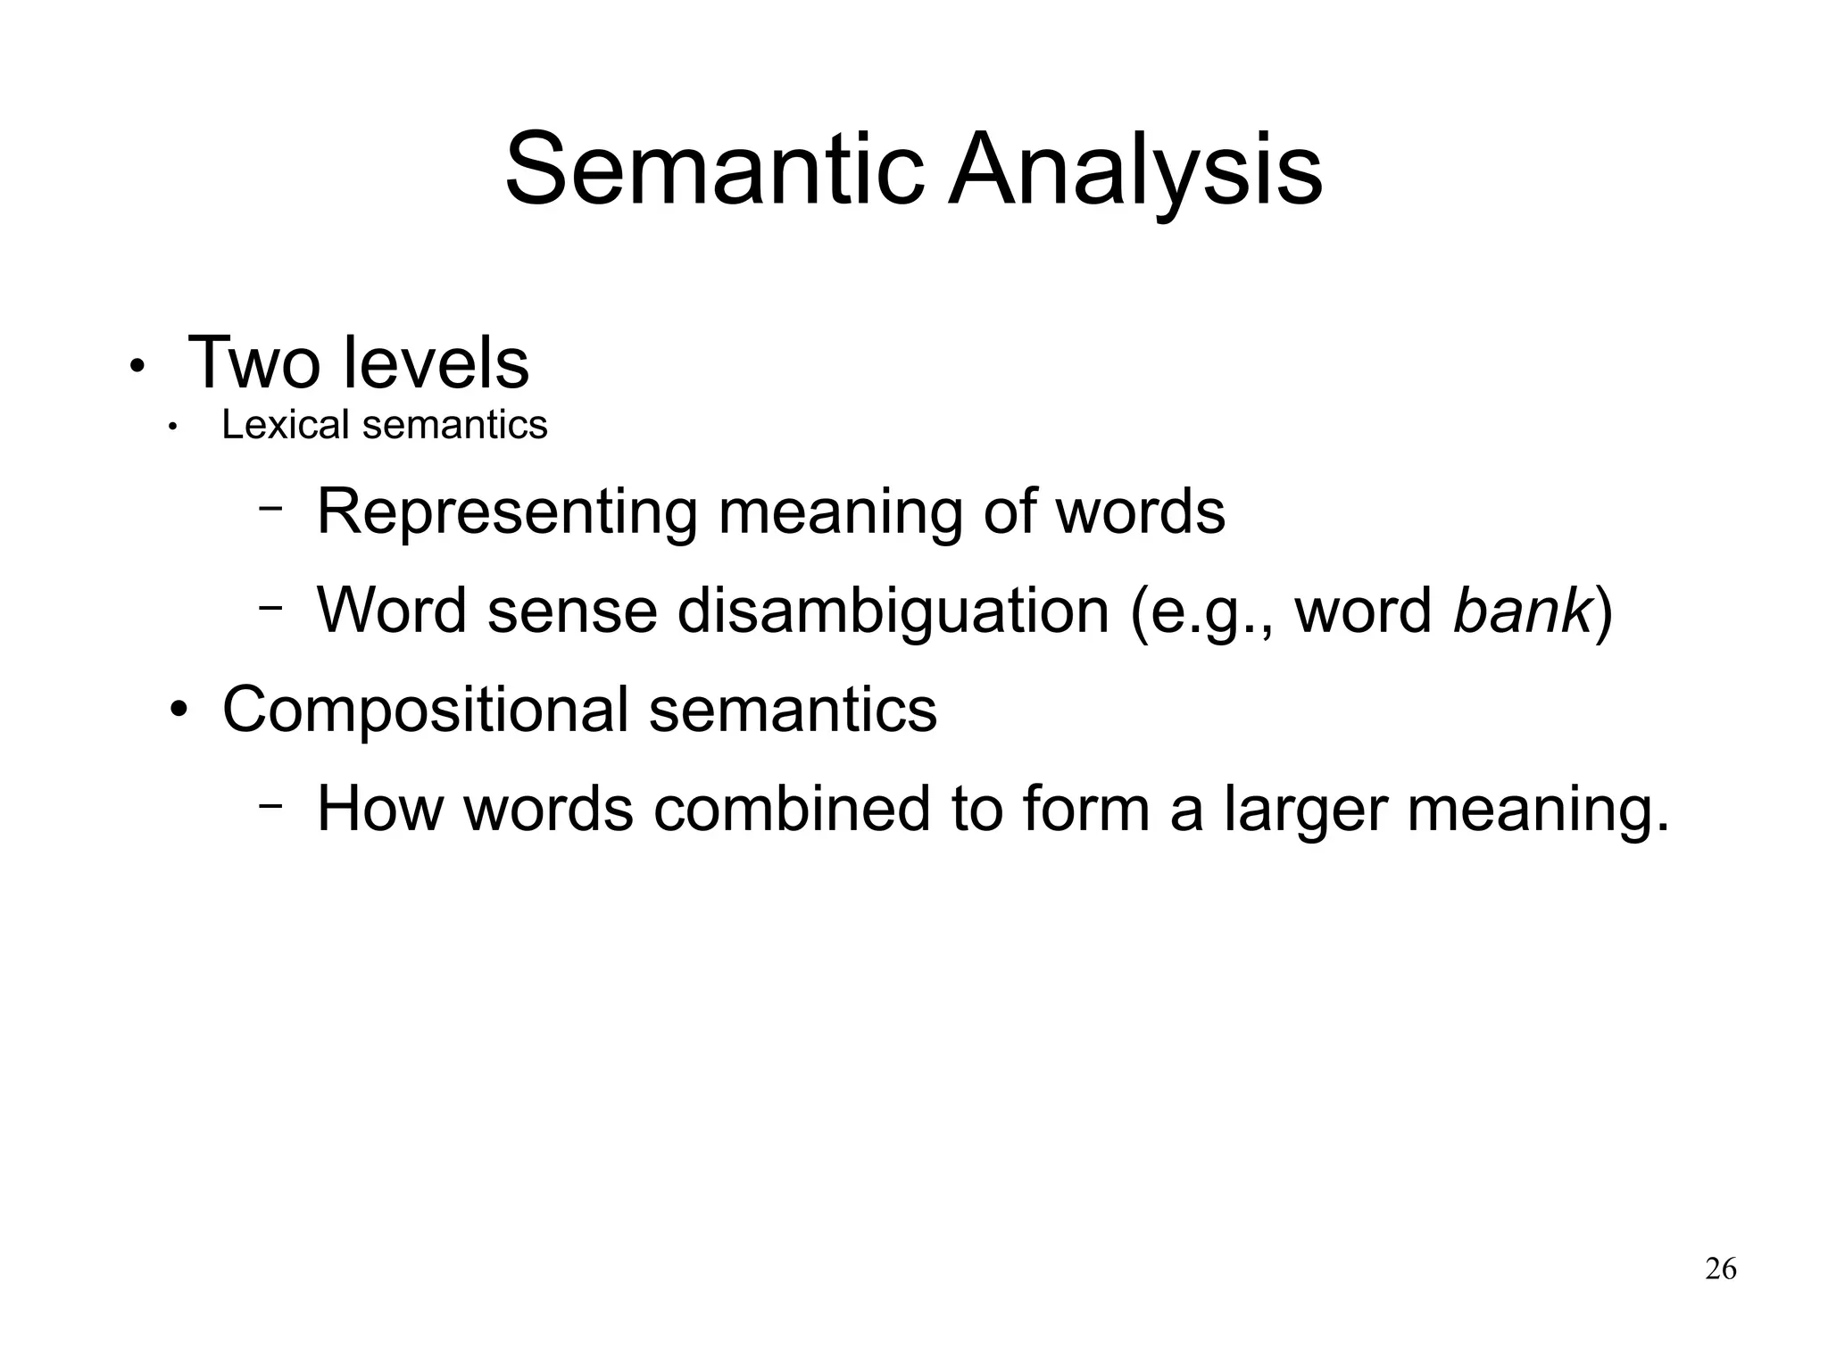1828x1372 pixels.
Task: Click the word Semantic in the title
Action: coord(714,170)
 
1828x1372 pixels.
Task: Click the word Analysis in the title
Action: coord(1135,170)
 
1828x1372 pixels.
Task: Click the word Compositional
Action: coord(425,710)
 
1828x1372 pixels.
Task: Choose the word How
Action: coord(379,809)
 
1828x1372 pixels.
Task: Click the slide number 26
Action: coord(1720,1268)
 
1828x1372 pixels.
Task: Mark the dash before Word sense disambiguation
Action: coord(270,607)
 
